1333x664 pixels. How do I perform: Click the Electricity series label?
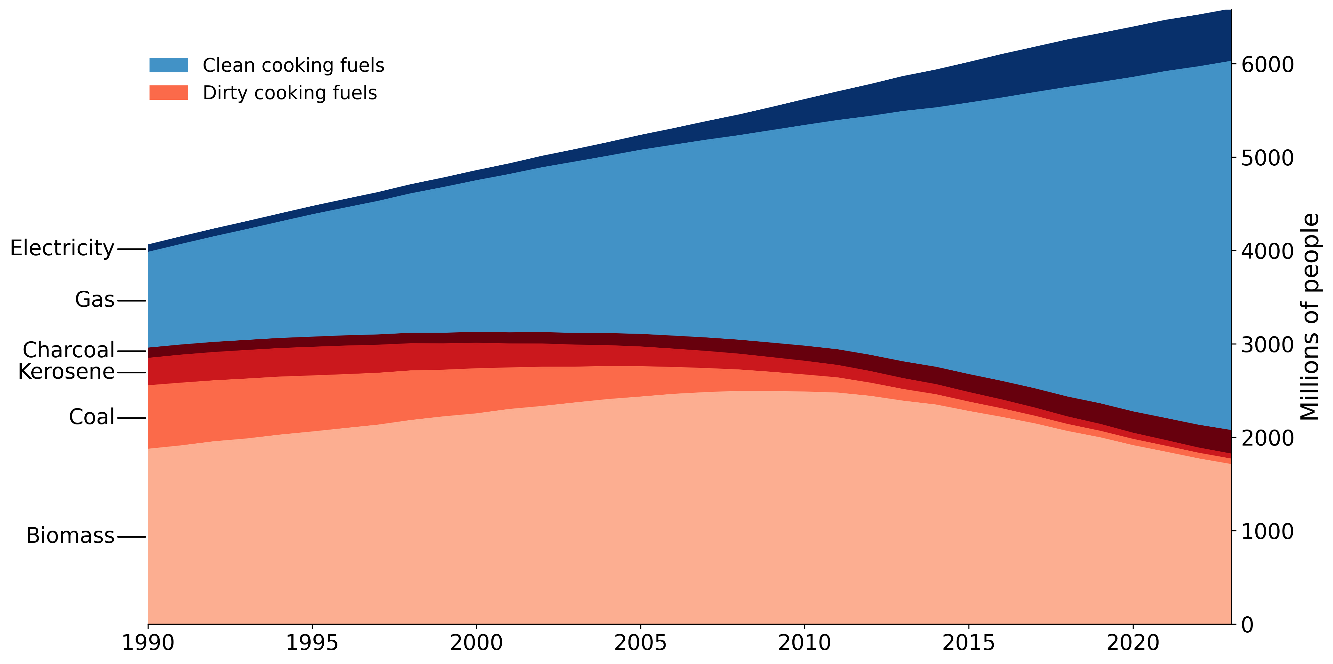click(62, 248)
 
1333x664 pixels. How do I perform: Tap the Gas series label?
click(95, 299)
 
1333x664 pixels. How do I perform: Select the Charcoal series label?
click(68, 350)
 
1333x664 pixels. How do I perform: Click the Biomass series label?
click(70, 535)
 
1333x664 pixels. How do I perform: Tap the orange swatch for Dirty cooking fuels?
click(169, 93)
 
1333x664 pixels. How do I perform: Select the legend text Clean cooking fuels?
click(293, 65)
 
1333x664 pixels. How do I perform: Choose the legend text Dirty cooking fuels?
click(290, 93)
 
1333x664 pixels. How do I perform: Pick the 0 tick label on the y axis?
click(1248, 625)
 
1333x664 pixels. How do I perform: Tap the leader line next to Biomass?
click(131, 537)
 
